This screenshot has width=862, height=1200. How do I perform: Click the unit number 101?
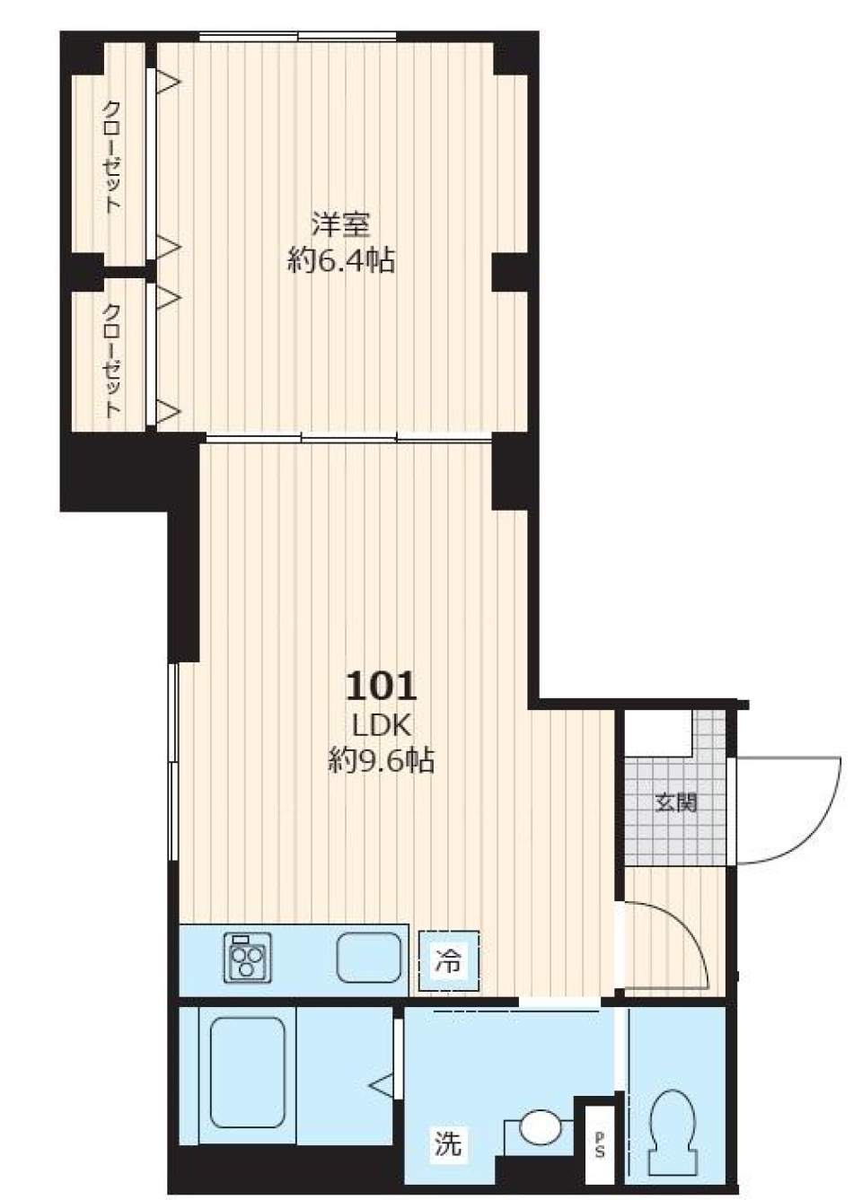click(x=382, y=687)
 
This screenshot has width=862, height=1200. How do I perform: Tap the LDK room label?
click(x=382, y=725)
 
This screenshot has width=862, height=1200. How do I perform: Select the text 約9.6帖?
click(x=382, y=761)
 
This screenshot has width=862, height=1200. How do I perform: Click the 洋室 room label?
click(x=341, y=223)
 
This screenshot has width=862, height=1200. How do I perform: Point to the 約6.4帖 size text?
click(x=341, y=260)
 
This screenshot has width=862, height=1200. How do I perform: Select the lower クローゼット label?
click(x=110, y=360)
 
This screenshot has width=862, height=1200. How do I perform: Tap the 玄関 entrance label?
click(x=675, y=802)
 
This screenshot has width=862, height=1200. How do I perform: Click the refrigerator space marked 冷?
click(x=448, y=961)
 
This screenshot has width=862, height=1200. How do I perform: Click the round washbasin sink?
click(x=540, y=1128)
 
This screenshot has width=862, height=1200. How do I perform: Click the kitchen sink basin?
click(x=370, y=959)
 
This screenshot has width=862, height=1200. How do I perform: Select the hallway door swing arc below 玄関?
click(x=687, y=942)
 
